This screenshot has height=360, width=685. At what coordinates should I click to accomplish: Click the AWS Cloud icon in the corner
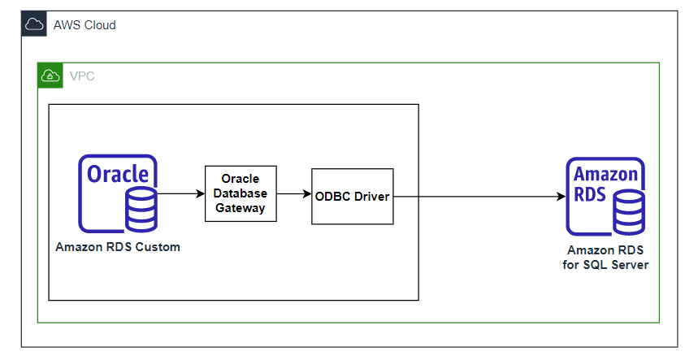tap(34, 24)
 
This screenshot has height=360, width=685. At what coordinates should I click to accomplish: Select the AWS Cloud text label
tap(85, 25)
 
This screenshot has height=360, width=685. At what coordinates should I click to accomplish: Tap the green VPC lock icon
tap(50, 76)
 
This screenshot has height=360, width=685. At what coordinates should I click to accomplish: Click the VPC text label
tap(81, 76)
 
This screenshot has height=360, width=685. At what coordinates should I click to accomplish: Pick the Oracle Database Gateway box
tap(241, 194)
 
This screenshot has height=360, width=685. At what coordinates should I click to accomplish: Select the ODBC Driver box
tap(353, 197)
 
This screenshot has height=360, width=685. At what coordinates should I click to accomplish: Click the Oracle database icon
tap(118, 194)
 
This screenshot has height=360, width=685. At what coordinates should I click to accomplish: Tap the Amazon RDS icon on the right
tap(605, 196)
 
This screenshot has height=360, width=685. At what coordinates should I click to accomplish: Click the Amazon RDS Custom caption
tap(118, 247)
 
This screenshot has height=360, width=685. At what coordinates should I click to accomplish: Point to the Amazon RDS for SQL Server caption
tap(606, 258)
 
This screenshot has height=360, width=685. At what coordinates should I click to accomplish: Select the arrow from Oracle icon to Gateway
tap(180, 194)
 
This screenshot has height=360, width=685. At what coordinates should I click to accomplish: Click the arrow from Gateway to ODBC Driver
tap(294, 194)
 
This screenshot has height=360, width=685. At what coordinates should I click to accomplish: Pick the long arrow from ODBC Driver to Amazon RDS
tap(479, 197)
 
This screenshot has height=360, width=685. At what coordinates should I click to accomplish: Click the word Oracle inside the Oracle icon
tap(118, 175)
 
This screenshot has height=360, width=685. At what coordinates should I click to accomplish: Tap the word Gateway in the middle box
tap(241, 208)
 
